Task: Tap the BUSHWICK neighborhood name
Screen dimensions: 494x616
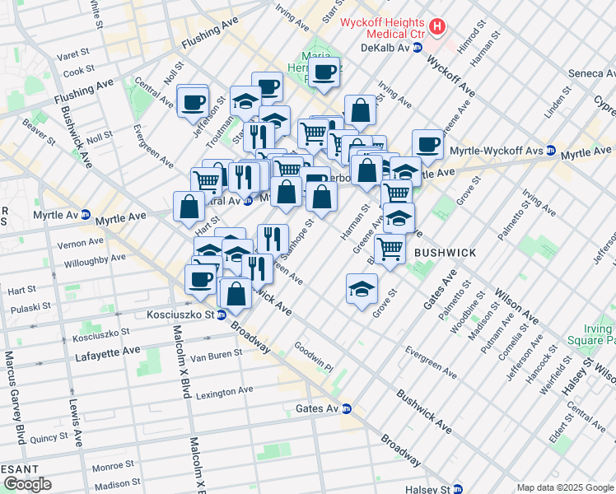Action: (446, 252)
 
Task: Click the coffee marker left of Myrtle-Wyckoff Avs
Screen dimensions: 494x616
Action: (427, 144)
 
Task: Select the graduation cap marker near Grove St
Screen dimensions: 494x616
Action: (362, 289)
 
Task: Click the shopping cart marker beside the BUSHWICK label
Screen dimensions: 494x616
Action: (390, 247)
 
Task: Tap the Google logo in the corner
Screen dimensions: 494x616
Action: (27, 484)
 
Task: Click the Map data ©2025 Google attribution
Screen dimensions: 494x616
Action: (564, 487)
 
